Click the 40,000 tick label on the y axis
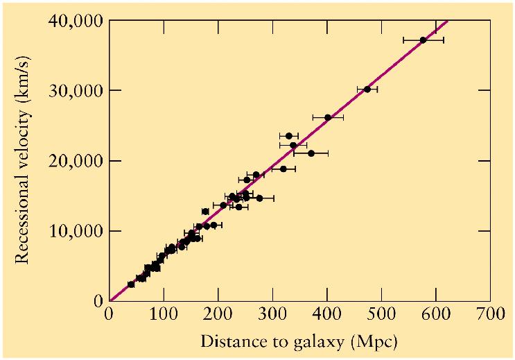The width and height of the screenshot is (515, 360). point(76,21)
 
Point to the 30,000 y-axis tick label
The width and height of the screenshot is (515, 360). point(76,91)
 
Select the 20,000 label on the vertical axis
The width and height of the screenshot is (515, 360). point(76,161)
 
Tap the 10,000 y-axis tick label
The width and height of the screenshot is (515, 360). point(76,231)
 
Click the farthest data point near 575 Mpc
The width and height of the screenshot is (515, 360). point(423,40)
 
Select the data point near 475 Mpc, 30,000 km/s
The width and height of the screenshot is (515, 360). point(367,89)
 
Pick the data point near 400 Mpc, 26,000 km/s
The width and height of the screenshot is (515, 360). point(328,117)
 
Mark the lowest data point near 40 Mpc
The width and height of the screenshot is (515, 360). point(131,284)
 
